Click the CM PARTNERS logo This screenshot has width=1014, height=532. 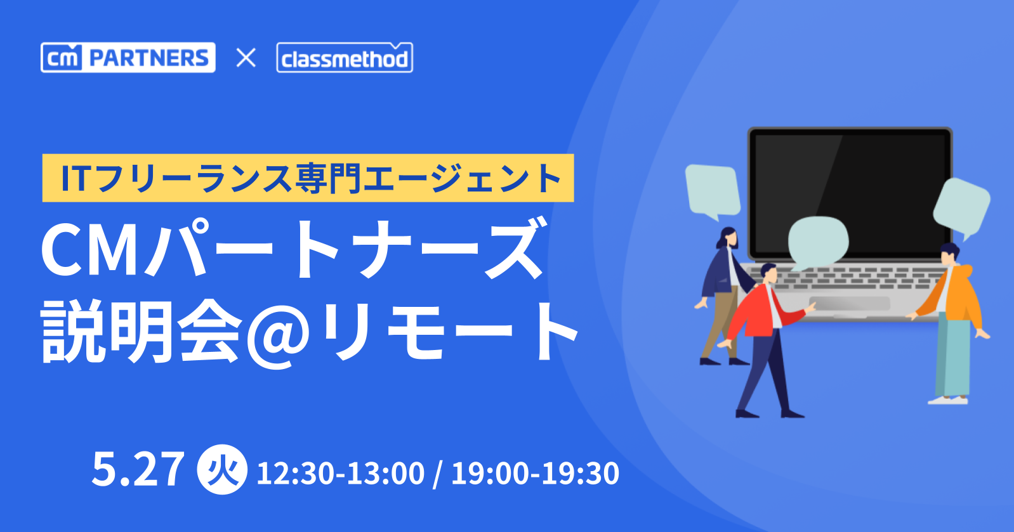(128, 58)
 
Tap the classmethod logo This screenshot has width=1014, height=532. (345, 58)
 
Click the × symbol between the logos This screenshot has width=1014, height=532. (246, 58)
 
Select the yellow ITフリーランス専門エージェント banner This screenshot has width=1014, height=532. (308, 178)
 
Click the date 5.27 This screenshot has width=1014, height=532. (138, 470)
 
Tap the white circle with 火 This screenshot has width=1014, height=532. (222, 470)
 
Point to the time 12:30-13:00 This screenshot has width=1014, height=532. (340, 473)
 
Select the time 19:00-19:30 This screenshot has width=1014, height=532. (535, 473)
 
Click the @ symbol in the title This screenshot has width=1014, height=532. (279, 335)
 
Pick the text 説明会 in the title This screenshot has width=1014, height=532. (141, 332)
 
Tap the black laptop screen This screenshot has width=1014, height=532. (850, 195)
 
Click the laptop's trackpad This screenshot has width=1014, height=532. (850, 303)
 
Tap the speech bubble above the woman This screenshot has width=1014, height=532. (713, 191)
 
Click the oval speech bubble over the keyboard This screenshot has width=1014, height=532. (817, 242)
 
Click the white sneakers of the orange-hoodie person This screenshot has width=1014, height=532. (948, 400)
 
